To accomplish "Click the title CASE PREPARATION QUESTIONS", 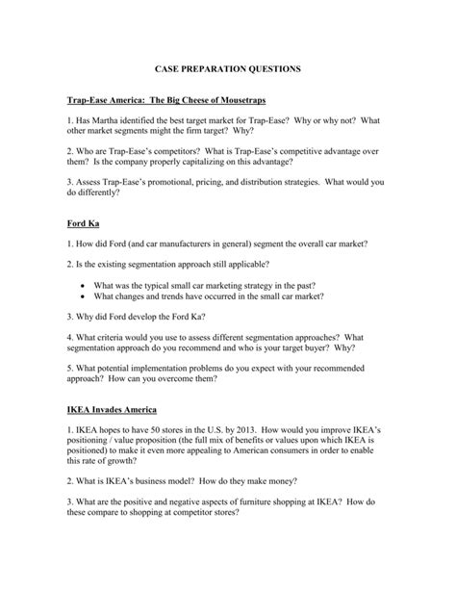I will tap(228, 70).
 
